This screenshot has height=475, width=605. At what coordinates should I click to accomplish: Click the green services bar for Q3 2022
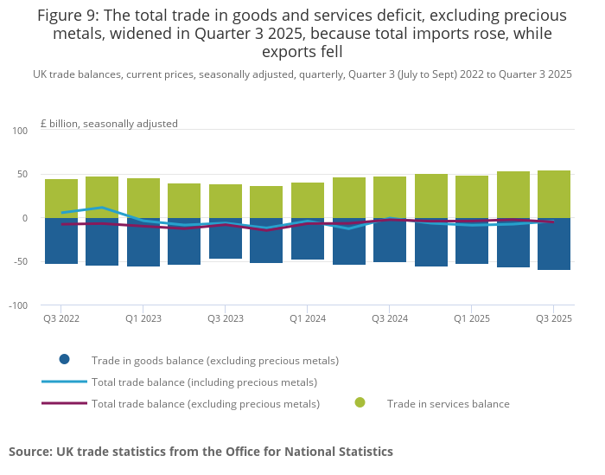(61, 195)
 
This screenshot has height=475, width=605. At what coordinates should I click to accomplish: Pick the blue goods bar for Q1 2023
(143, 246)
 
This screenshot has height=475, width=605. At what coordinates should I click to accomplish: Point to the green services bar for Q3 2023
(226, 198)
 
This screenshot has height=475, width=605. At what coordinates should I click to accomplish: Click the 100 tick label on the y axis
(20, 131)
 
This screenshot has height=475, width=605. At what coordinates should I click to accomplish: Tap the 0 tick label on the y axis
(25, 218)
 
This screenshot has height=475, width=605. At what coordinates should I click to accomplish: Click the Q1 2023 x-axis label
(143, 318)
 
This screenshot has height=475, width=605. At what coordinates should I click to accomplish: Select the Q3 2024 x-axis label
(390, 318)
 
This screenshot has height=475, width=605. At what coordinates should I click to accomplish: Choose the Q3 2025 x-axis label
(554, 318)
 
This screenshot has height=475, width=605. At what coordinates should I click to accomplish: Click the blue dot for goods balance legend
(64, 359)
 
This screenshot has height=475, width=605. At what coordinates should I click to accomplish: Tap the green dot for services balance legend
(360, 402)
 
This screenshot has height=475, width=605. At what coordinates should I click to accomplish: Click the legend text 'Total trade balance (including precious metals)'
(204, 382)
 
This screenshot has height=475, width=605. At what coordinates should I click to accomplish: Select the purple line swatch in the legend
(64, 403)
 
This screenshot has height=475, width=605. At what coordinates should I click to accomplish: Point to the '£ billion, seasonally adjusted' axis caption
(109, 124)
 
